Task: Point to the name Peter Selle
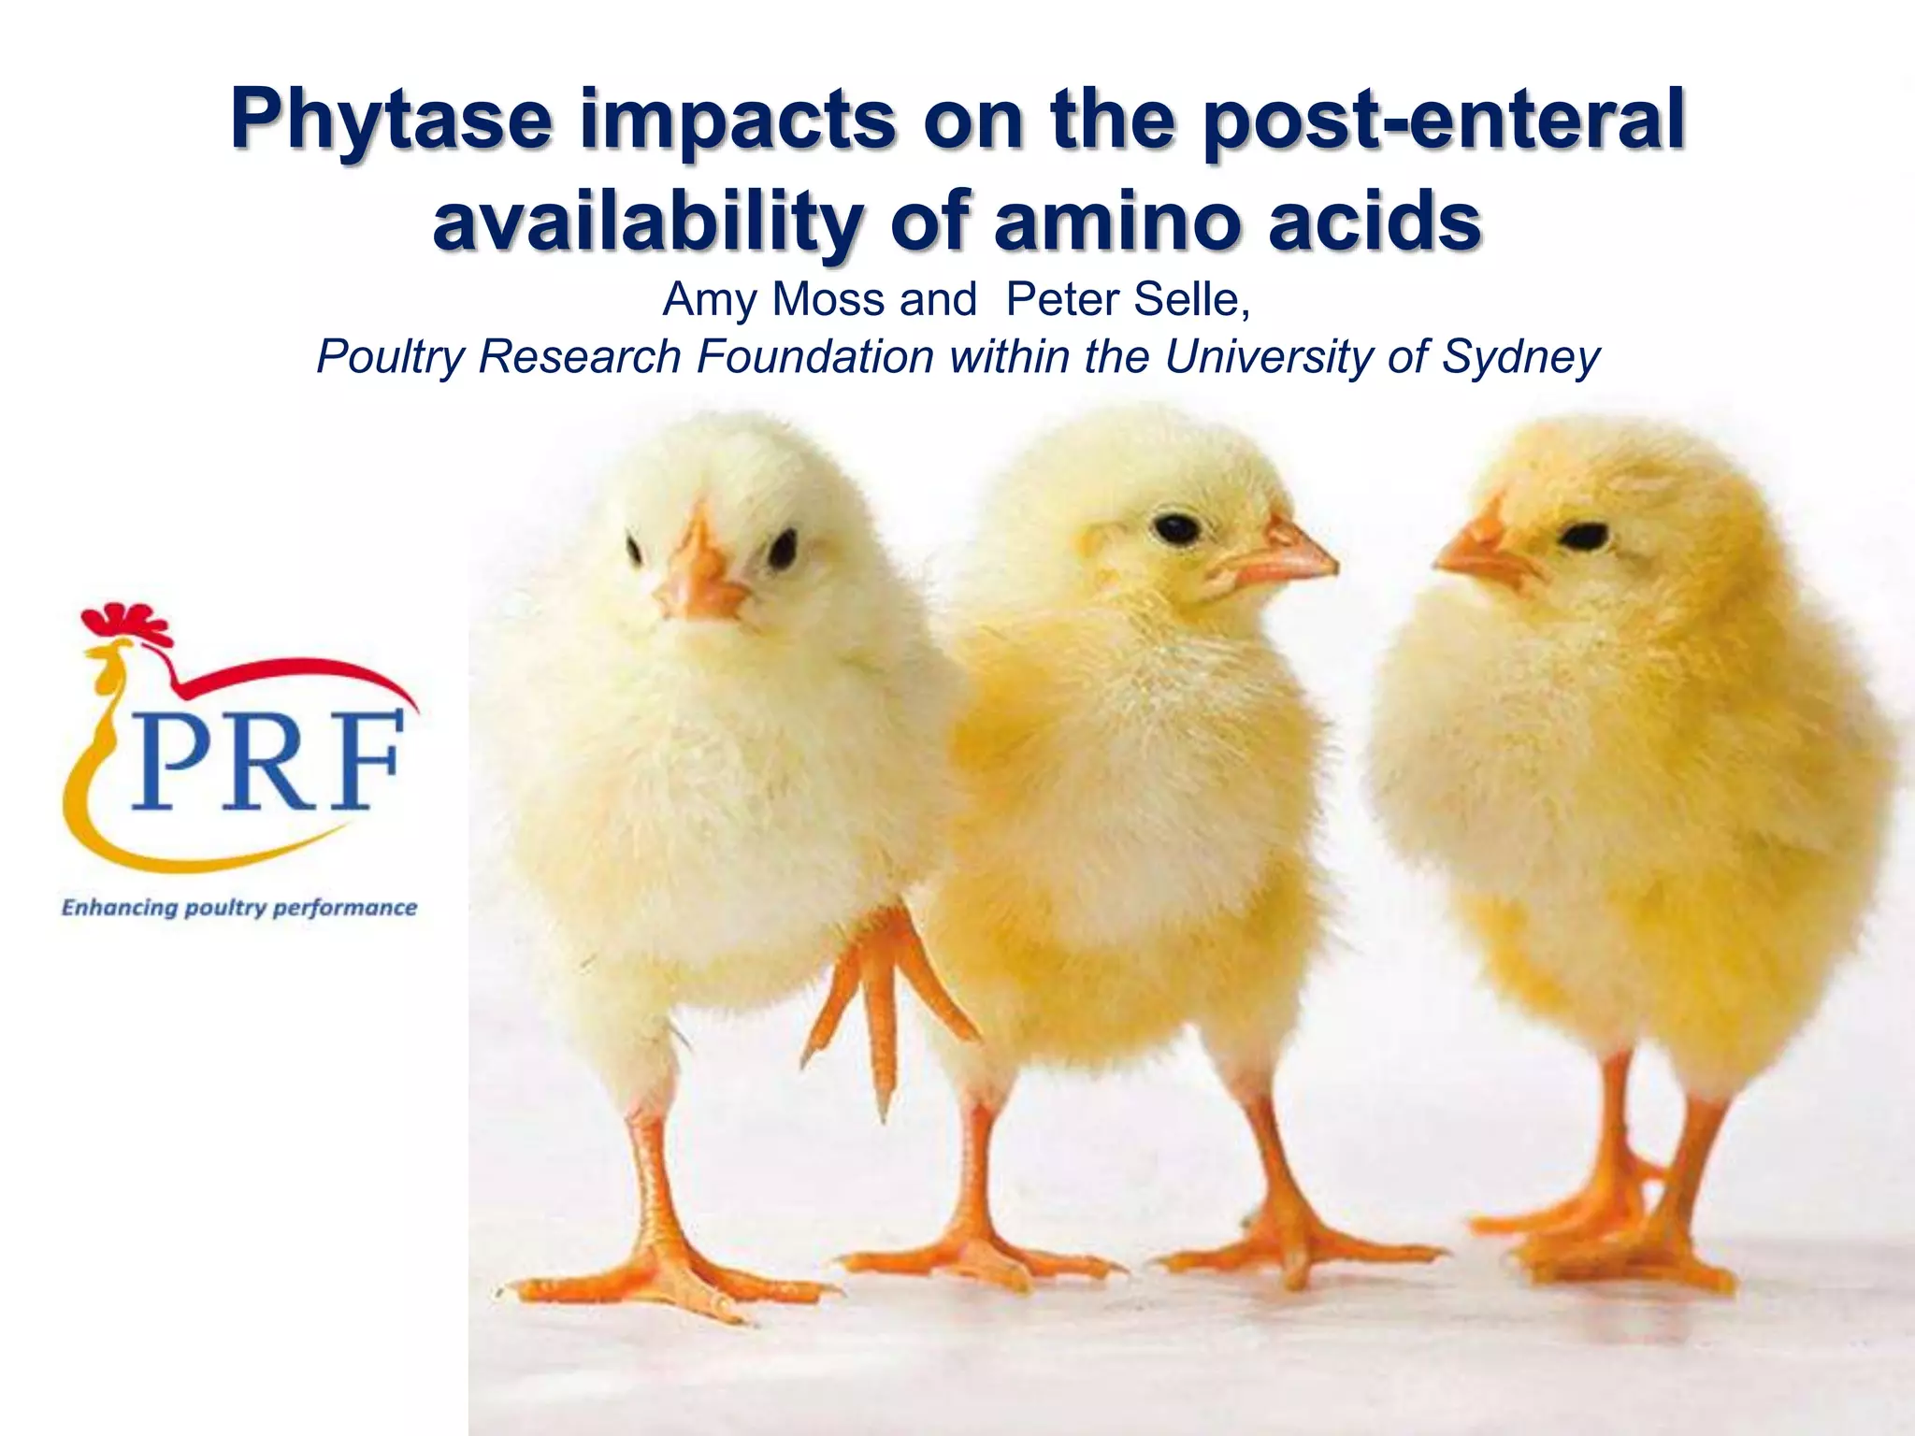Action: pos(1127,300)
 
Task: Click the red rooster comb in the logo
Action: pos(127,623)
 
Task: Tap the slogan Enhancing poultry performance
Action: pos(239,908)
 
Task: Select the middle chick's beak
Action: pos(1286,556)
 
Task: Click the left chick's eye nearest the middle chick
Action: pos(782,549)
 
